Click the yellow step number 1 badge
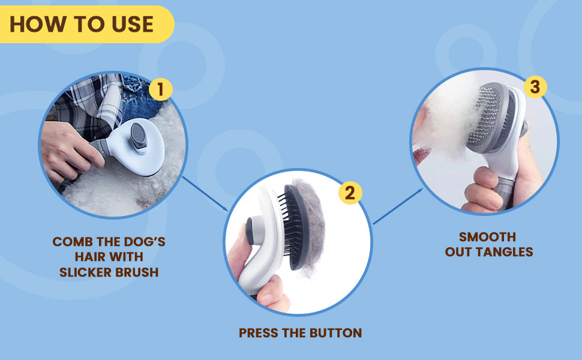160,89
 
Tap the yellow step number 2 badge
350,193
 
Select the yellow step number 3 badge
535,86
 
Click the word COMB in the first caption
73,242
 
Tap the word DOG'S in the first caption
145,242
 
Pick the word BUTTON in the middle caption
336,332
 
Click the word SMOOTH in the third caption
487,237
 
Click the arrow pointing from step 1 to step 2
205,193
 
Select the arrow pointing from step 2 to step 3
398,206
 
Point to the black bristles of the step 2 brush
287,226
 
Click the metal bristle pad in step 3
485,116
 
